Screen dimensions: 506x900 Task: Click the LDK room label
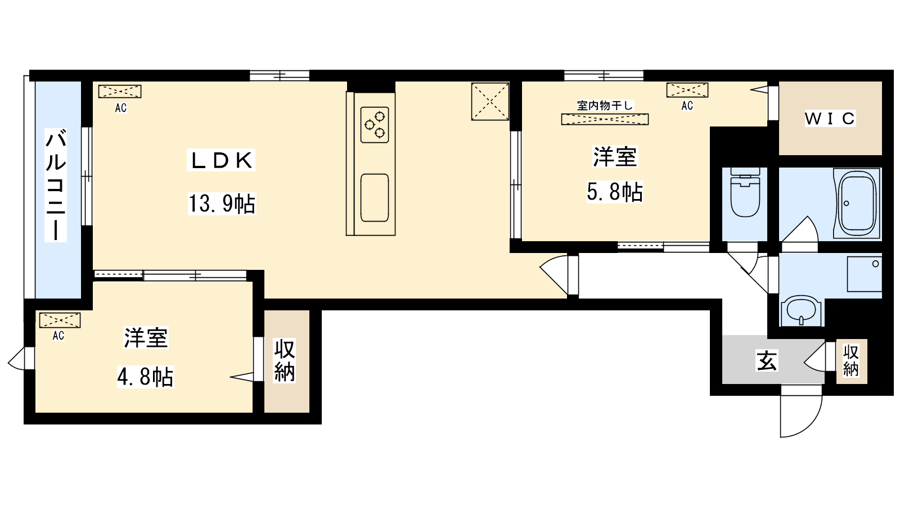point(221,161)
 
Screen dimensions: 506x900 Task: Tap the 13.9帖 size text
point(222,204)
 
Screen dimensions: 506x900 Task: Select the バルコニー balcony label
point(56,185)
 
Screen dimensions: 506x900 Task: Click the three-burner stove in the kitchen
point(375,124)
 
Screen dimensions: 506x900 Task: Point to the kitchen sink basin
point(374,197)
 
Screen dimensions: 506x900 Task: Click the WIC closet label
point(830,119)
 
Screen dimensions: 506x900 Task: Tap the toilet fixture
point(744,193)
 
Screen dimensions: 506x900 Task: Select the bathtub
point(857,202)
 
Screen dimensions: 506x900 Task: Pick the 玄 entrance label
point(767,360)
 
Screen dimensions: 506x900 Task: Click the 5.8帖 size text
point(615,192)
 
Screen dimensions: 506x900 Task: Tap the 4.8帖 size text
point(145,376)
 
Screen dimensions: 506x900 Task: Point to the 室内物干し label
point(605,105)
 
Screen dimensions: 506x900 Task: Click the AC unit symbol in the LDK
point(119,91)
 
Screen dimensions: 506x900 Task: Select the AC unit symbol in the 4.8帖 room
point(60,320)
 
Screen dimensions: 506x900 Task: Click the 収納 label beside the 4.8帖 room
point(285,361)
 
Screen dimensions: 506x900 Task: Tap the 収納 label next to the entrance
point(851,360)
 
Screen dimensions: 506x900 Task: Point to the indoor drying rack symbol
point(605,119)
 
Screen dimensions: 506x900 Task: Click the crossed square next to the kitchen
point(490,101)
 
